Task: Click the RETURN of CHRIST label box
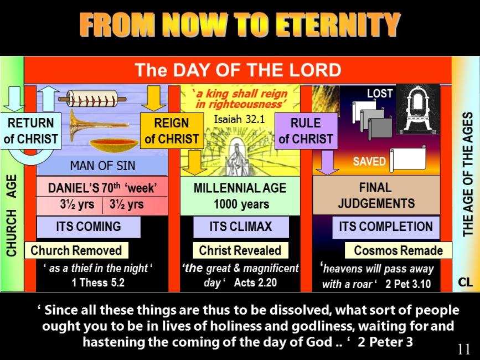(30, 131)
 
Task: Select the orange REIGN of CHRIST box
(172, 131)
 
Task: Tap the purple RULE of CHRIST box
(306, 131)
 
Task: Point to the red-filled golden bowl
(113, 146)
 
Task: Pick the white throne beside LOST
(418, 110)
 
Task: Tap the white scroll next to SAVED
(408, 159)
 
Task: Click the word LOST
(380, 94)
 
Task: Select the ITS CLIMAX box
(241, 227)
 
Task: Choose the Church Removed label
(76, 250)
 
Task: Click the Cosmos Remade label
(398, 250)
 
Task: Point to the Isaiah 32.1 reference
(239, 119)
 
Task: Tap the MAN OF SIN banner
(102, 166)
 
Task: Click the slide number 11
(464, 349)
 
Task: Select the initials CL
(465, 282)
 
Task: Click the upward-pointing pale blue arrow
(48, 98)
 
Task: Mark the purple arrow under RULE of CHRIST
(327, 162)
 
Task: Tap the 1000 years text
(241, 204)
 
